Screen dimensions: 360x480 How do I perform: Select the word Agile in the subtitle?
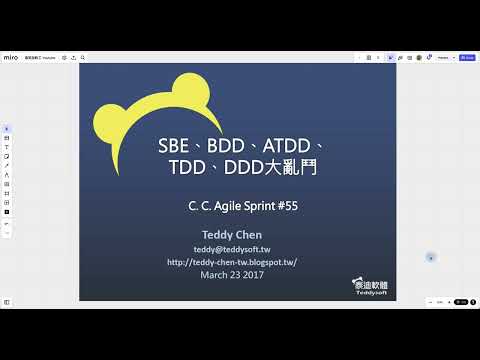(x=228, y=206)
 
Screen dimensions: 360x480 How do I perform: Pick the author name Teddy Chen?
(x=233, y=235)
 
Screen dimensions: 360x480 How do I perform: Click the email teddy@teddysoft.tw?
(x=233, y=249)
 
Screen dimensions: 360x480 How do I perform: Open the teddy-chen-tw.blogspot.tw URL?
(x=233, y=262)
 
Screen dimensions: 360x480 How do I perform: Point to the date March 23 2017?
(x=233, y=275)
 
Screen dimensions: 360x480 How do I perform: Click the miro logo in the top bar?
(x=11, y=58)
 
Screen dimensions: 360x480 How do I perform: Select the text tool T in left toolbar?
(x=7, y=146)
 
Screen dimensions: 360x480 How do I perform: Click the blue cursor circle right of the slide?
(x=430, y=257)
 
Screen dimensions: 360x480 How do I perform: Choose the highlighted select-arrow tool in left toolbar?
(x=7, y=128)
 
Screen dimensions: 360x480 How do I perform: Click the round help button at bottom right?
(x=471, y=302)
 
